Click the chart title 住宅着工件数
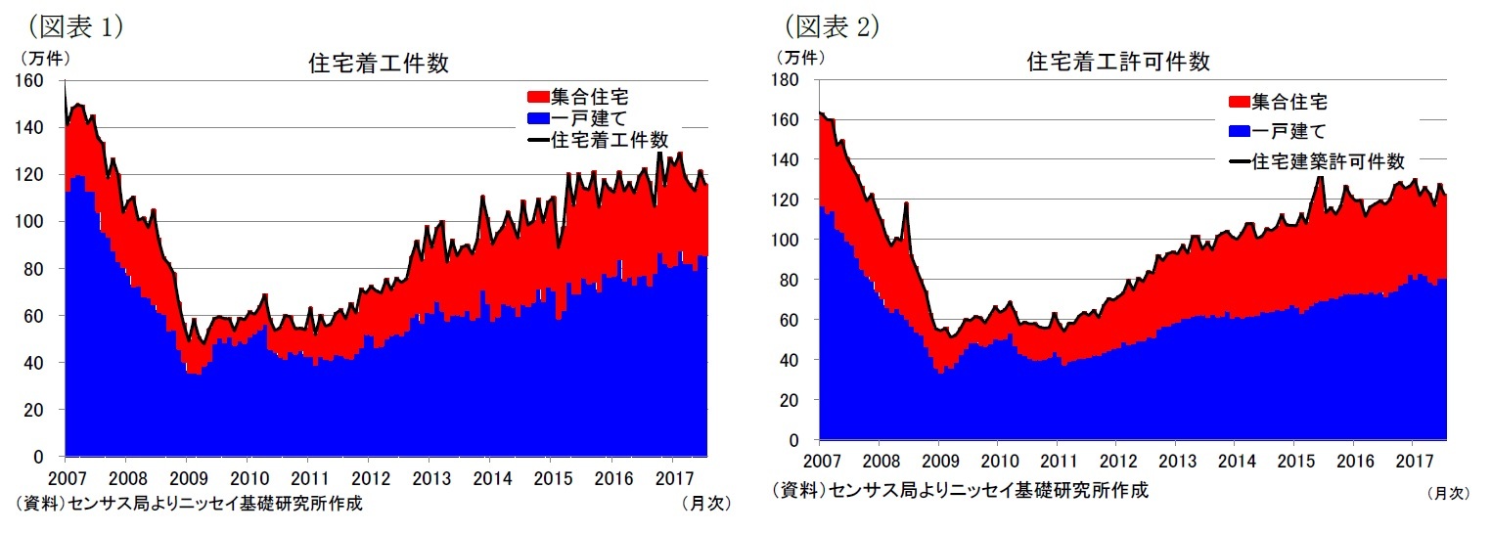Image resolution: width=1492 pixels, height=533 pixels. pyautogui.click(x=379, y=65)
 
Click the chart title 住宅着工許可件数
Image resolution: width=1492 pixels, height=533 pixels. pyautogui.click(x=1118, y=63)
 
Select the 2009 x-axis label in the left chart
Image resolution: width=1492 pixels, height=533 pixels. pyautogui.click(x=186, y=478)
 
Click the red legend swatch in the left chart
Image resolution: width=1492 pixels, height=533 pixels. pyautogui.click(x=537, y=98)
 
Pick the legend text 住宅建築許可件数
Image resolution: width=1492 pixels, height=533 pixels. pyautogui.click(x=1328, y=161)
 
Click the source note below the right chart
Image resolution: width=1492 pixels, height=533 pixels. pyautogui.click(x=959, y=490)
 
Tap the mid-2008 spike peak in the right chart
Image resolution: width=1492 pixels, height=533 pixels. pyautogui.click(x=907, y=203)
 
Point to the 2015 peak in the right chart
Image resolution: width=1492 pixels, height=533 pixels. pyautogui.click(x=1320, y=178)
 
